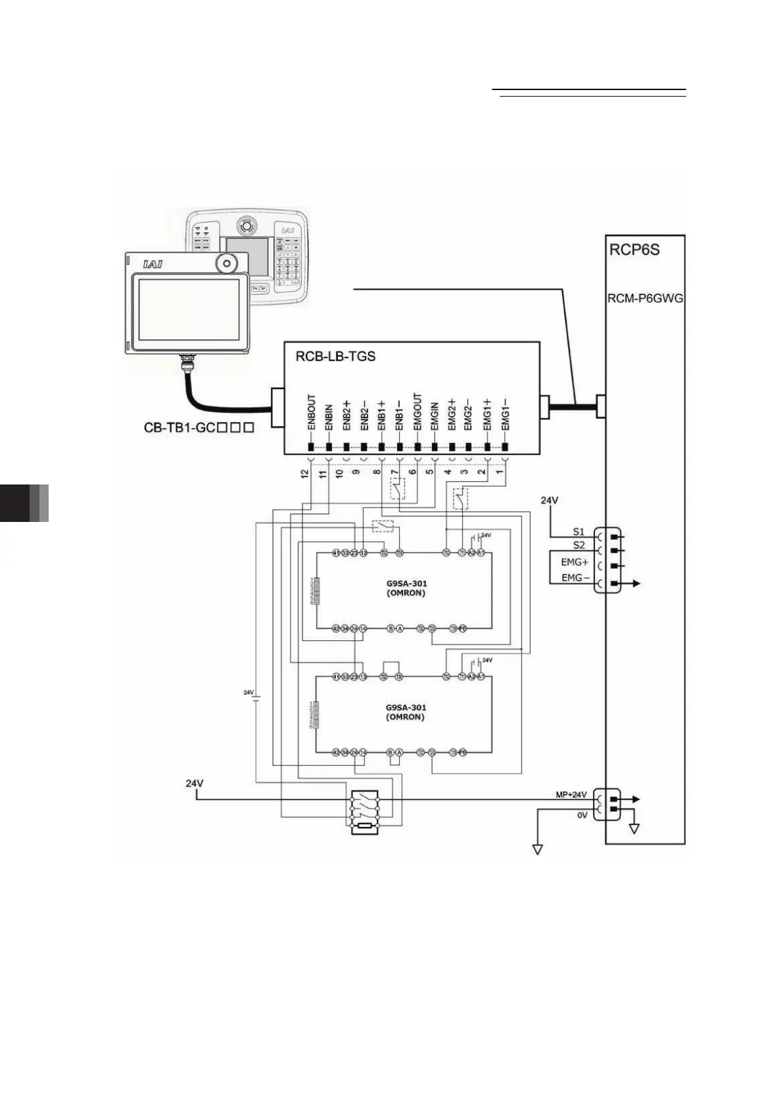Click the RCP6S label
(635, 250)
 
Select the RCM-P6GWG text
(645, 298)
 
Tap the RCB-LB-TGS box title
(335, 356)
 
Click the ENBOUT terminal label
(312, 412)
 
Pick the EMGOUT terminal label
(417, 412)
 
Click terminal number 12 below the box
(304, 473)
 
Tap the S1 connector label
(579, 531)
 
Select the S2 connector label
(579, 545)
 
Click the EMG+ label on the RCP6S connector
(574, 563)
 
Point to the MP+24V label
(571, 794)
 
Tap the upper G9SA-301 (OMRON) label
(406, 588)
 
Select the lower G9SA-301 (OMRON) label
(406, 712)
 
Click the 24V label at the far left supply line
(195, 784)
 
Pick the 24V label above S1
(550, 500)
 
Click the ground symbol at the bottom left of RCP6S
(538, 849)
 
